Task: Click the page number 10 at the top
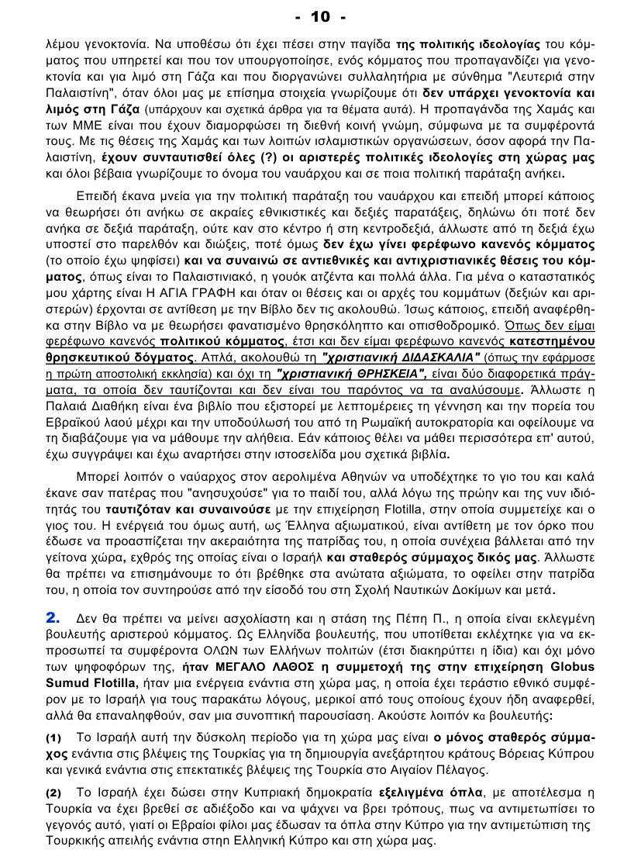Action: (x=320, y=16)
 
